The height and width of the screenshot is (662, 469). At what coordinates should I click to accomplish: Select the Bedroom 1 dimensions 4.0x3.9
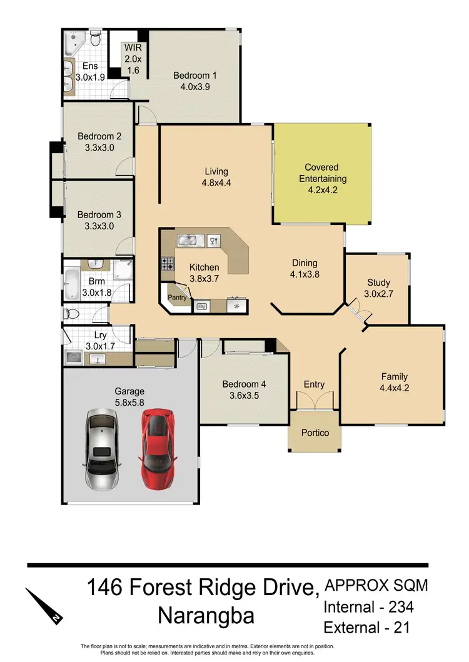195,88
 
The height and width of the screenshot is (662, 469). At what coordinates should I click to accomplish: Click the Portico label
315,433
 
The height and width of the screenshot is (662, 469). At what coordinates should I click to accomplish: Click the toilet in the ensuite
95,40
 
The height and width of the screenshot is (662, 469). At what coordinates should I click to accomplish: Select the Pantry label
178,298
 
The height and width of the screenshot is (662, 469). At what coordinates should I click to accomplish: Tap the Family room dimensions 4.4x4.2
395,388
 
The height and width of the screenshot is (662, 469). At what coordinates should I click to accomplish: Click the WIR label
133,48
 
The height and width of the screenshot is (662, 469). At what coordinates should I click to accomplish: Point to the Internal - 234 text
368,606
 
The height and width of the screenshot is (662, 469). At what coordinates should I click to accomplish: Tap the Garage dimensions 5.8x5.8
130,403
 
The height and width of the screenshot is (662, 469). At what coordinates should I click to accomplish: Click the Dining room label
305,263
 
